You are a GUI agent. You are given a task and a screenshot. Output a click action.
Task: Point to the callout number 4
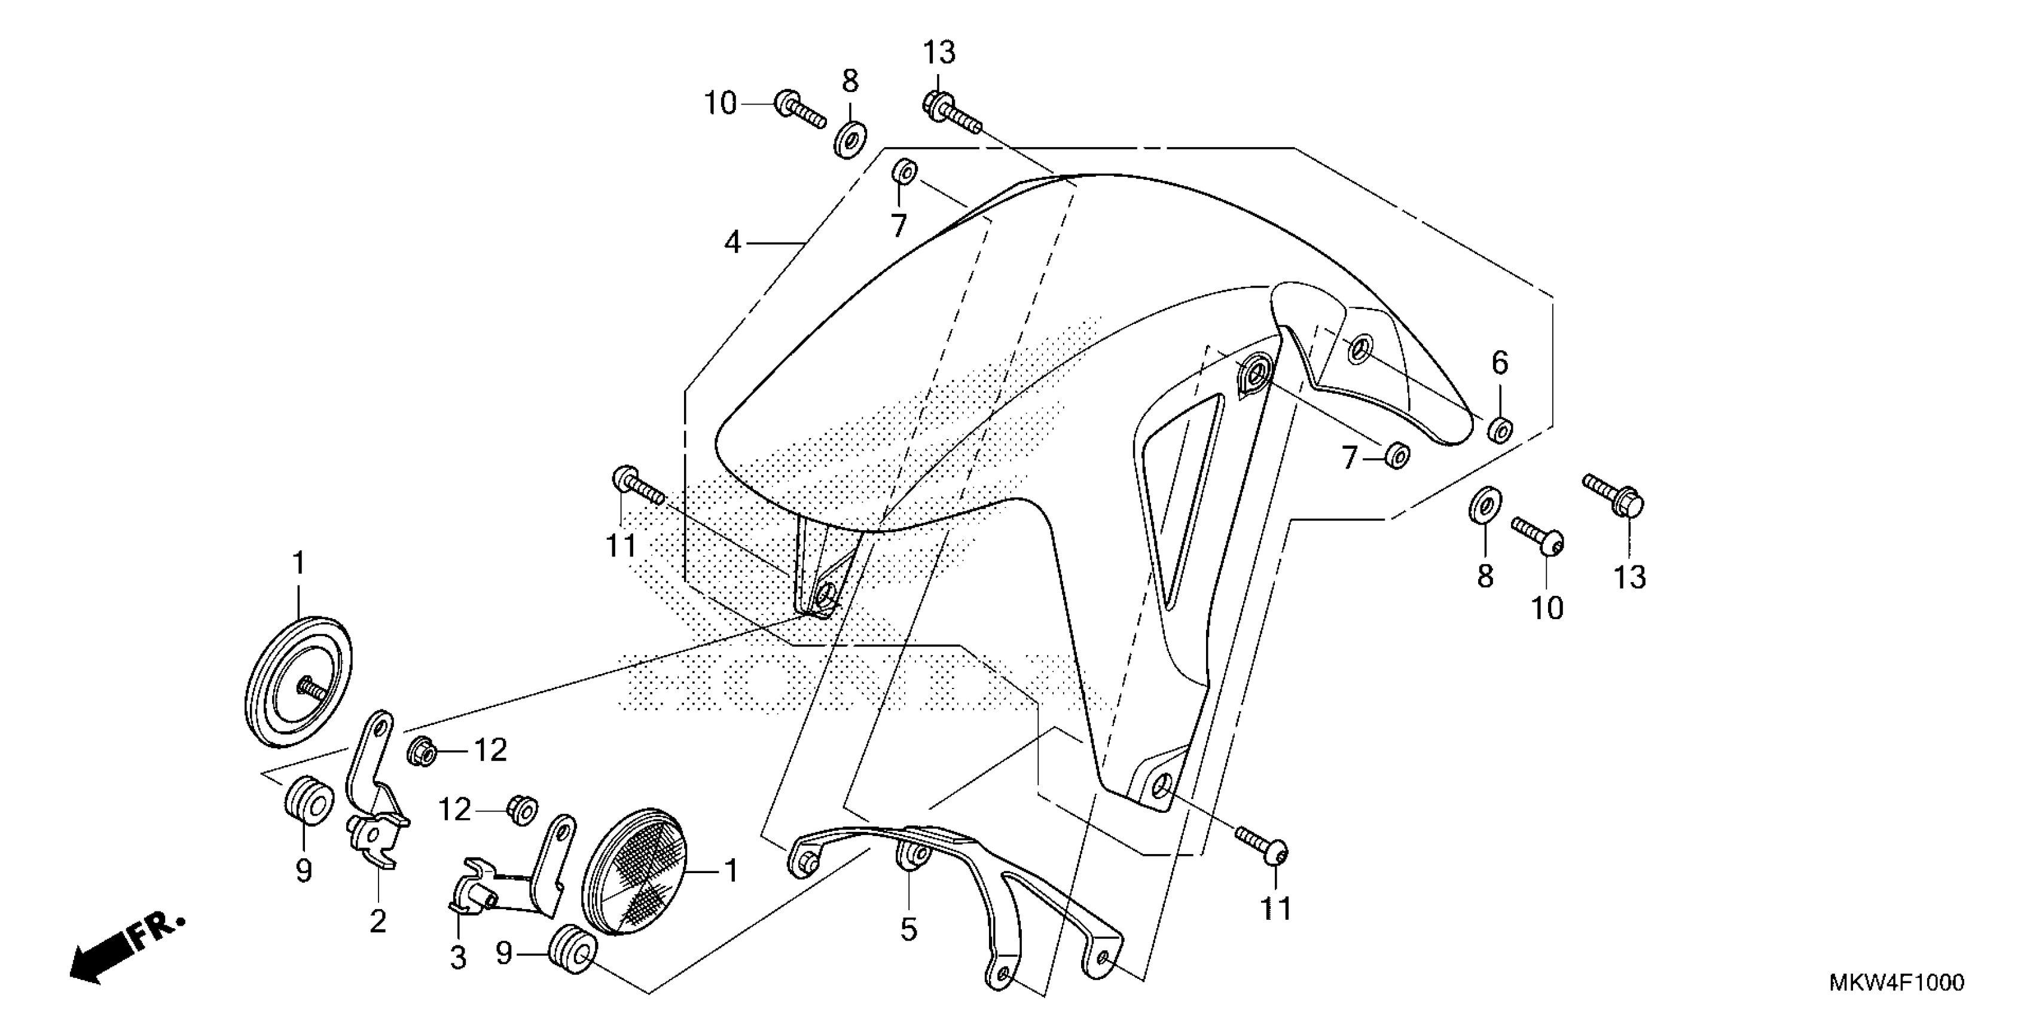click(x=732, y=242)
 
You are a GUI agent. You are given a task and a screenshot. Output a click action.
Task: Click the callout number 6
click(x=1500, y=363)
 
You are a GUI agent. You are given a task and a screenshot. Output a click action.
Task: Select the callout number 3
click(x=458, y=957)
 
